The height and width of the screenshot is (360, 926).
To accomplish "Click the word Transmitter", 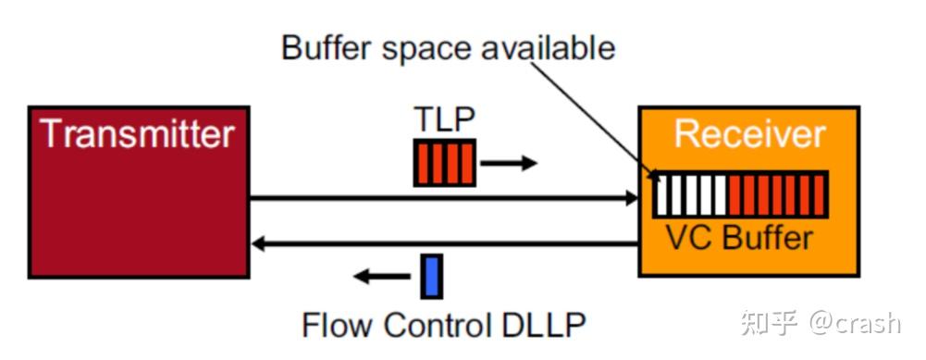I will coord(137,135).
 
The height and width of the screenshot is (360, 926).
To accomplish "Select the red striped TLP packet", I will coord(444,161).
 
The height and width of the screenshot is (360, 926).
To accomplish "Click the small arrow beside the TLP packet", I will coord(509,164).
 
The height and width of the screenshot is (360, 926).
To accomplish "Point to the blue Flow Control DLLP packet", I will coord(430,277).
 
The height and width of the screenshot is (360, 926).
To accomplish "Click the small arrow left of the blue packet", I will coord(383,276).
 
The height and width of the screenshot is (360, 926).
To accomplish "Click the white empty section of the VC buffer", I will coord(690,195).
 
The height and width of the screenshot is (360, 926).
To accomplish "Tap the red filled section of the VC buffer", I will coord(776,195).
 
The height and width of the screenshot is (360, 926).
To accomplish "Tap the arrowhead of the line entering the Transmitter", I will coord(260,244).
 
